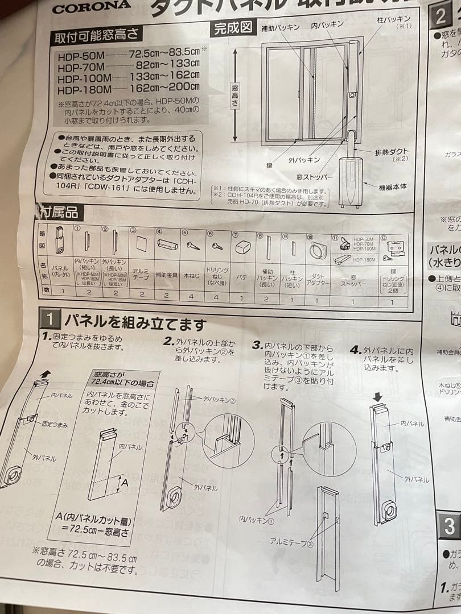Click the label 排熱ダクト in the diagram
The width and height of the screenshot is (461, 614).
[392, 152]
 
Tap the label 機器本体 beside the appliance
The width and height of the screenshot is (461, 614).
[393, 186]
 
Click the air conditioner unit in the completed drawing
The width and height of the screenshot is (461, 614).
[351, 182]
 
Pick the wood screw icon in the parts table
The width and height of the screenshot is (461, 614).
[192, 246]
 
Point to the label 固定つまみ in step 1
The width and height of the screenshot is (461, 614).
[55, 424]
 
